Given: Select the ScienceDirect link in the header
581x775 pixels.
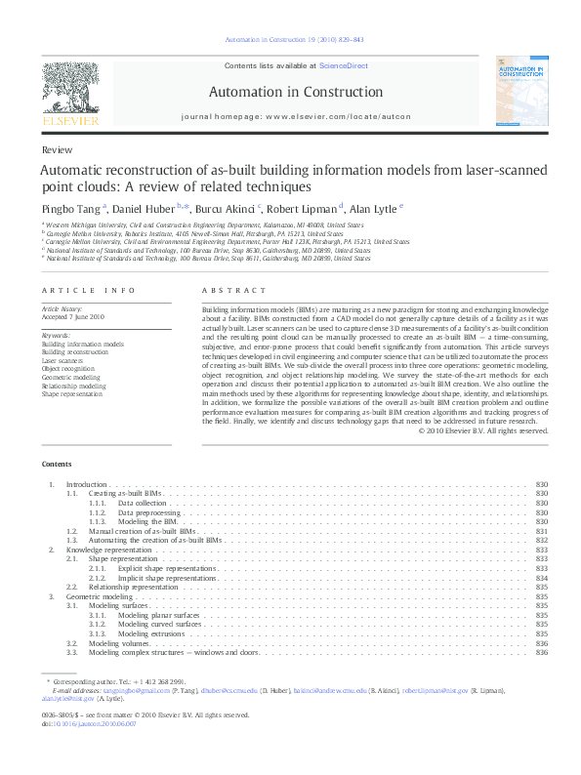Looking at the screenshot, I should (343, 65).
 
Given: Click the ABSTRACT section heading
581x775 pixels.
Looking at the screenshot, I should (233, 291).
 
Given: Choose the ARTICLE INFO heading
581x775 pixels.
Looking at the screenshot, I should (89, 291).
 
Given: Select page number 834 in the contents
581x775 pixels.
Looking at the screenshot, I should (543, 578).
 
